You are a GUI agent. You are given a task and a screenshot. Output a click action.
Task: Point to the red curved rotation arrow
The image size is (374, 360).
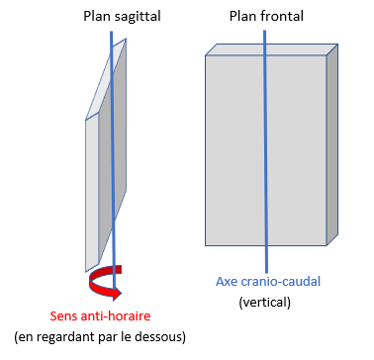tap(102, 285)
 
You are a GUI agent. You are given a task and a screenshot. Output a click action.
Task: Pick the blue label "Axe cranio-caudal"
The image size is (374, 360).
tap(265, 281)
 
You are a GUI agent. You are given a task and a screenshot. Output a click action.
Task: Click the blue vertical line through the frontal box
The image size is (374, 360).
tap(264, 148)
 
